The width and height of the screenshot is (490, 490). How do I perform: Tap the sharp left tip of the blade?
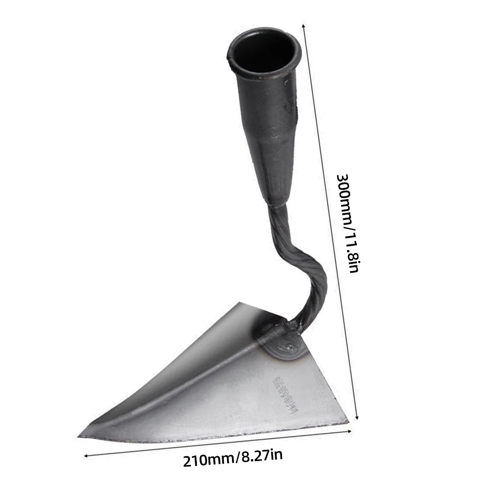coord(80,435)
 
